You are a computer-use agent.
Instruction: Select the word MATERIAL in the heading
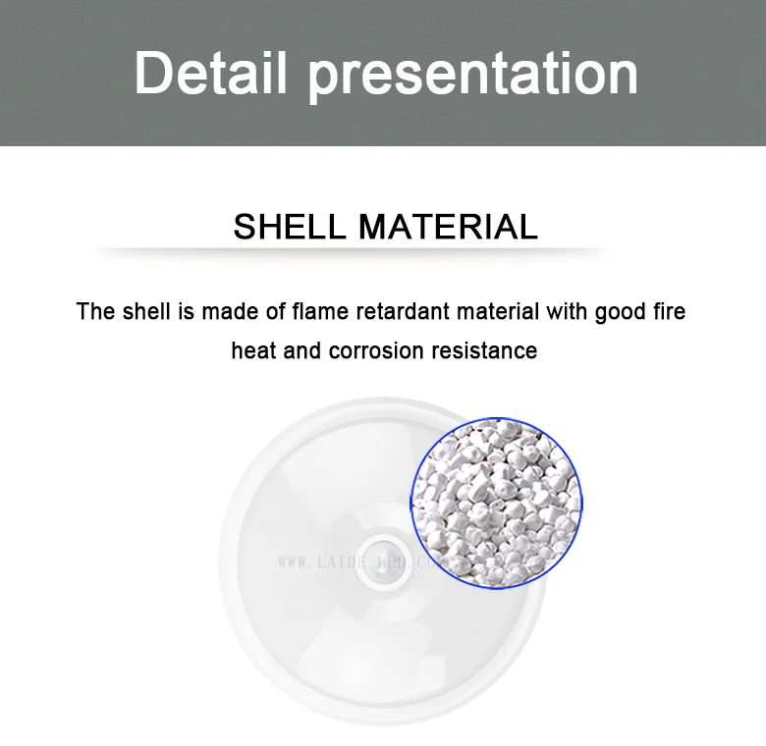[448, 227]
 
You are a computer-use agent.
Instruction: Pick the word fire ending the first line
[669, 312]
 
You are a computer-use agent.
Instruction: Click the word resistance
[487, 350]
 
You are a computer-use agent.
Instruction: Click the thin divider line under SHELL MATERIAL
[354, 251]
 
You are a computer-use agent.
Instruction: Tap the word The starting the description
[96, 312]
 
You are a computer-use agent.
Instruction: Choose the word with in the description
[567, 312]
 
